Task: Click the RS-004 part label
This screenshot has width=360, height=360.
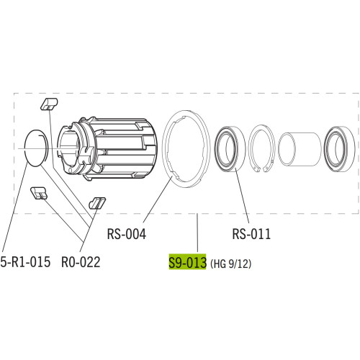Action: pyautogui.click(x=127, y=234)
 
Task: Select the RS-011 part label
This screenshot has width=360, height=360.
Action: pyautogui.click(x=251, y=234)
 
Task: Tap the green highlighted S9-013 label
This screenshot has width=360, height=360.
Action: pyautogui.click(x=187, y=262)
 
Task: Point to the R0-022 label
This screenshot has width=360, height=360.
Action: pyautogui.click(x=81, y=262)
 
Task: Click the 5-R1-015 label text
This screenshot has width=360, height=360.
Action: pyautogui.click(x=25, y=262)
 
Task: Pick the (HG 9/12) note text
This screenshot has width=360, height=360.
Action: pyautogui.click(x=231, y=264)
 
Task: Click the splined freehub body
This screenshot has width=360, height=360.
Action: pyautogui.click(x=107, y=148)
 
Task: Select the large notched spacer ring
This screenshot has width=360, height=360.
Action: pyautogui.click(x=186, y=149)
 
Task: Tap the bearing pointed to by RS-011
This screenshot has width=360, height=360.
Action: pyautogui.click(x=230, y=149)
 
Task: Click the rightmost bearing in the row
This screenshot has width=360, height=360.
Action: pyautogui.click(x=339, y=149)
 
